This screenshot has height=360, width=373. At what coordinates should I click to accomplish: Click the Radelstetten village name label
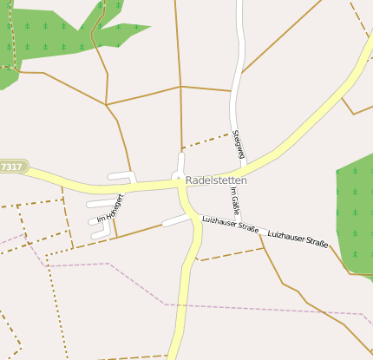(x=216, y=180)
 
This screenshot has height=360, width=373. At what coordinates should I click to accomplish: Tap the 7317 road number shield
(x=12, y=166)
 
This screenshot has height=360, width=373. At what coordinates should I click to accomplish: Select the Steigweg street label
(x=239, y=144)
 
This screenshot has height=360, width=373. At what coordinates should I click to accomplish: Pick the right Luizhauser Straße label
(x=298, y=239)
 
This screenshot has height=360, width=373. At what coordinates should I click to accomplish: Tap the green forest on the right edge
(x=356, y=213)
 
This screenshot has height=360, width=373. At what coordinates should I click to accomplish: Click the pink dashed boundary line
(x=260, y=307)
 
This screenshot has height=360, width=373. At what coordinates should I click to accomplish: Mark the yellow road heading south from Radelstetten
(x=186, y=286)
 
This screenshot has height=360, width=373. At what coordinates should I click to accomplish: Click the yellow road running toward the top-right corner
(x=330, y=104)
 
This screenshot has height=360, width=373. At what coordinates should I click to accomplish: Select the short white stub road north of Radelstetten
(x=180, y=163)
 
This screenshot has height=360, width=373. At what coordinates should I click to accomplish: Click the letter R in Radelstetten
(x=190, y=180)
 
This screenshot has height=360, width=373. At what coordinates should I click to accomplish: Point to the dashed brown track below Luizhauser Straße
(x=230, y=253)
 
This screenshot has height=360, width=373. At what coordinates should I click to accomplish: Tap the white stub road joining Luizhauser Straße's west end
(x=175, y=220)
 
